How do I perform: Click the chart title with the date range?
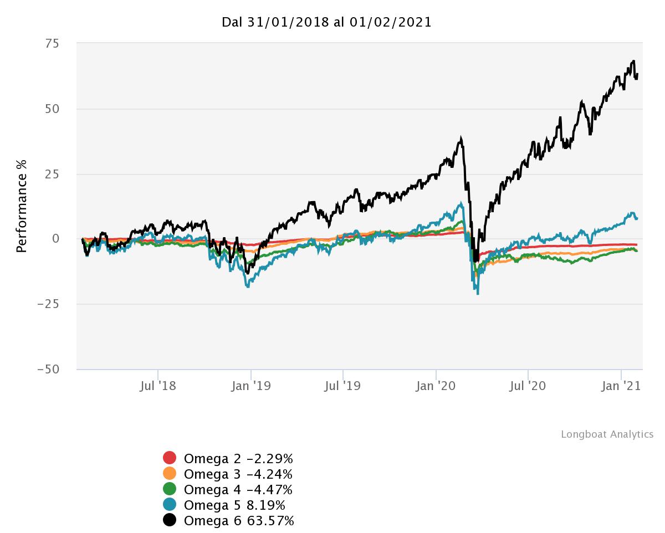326,22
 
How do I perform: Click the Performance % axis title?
22,206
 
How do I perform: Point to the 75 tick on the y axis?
53,44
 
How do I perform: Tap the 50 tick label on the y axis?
53,109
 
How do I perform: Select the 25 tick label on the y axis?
53,174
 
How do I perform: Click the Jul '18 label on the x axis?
158,386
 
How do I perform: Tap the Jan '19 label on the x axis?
250,386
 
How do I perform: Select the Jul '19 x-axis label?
342,386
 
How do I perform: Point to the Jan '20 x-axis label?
436,386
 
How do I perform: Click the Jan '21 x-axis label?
621,386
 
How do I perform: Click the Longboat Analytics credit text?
607,434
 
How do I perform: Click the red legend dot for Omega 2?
170,458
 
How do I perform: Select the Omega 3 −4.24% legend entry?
238,474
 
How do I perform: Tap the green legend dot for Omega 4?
170,489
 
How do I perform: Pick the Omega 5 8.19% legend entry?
234,505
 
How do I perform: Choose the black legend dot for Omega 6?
170,520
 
